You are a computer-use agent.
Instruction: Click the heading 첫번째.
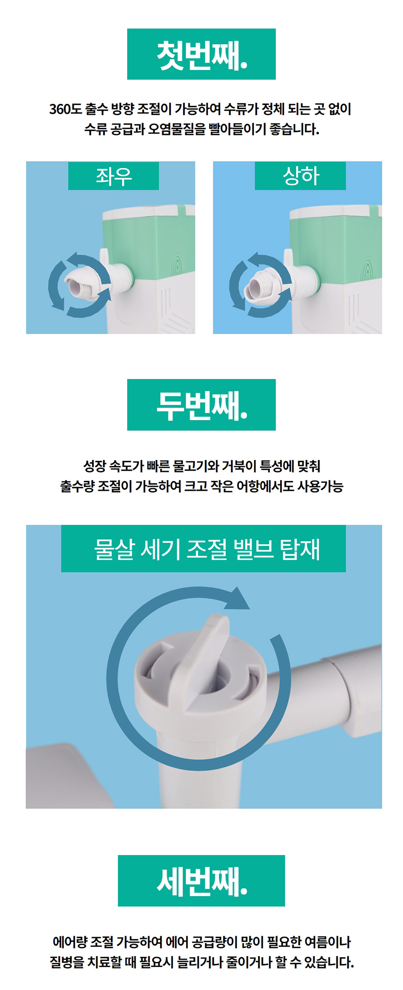pos(201,55)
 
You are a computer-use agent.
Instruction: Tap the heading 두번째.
pos(201,406)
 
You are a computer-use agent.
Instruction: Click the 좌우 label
pos(114,176)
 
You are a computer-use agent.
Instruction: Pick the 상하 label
pos(300,176)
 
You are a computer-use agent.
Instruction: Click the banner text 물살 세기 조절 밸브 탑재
pos(207,549)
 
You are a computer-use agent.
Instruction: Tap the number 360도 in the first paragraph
pos(66,109)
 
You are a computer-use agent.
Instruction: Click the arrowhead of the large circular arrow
pos(238,599)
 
